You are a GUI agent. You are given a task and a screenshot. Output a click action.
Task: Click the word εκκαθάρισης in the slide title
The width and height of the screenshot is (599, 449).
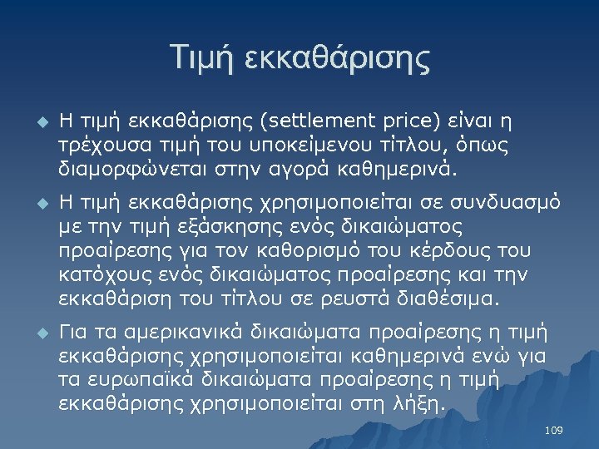pyautogui.click(x=337, y=58)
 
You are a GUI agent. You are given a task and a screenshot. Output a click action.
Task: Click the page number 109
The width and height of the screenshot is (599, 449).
pyautogui.click(x=553, y=430)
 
